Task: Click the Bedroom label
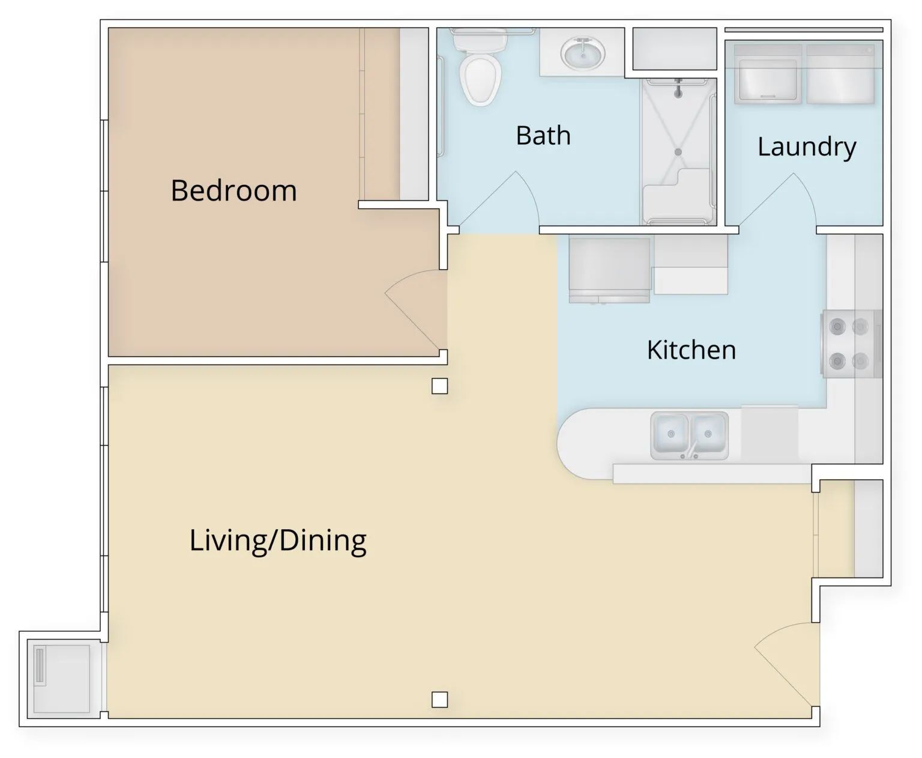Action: (234, 191)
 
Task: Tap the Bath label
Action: (543, 136)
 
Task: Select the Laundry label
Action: (807, 147)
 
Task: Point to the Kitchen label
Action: (691, 350)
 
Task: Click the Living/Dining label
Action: (277, 541)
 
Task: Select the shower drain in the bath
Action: (678, 152)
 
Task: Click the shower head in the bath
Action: (678, 88)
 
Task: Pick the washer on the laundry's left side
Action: (768, 74)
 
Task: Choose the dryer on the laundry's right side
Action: (840, 74)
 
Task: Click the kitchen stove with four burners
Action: (851, 344)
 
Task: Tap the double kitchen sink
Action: (690, 435)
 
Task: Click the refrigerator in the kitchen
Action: (609, 270)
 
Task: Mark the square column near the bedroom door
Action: (439, 386)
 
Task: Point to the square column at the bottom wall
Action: (439, 700)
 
